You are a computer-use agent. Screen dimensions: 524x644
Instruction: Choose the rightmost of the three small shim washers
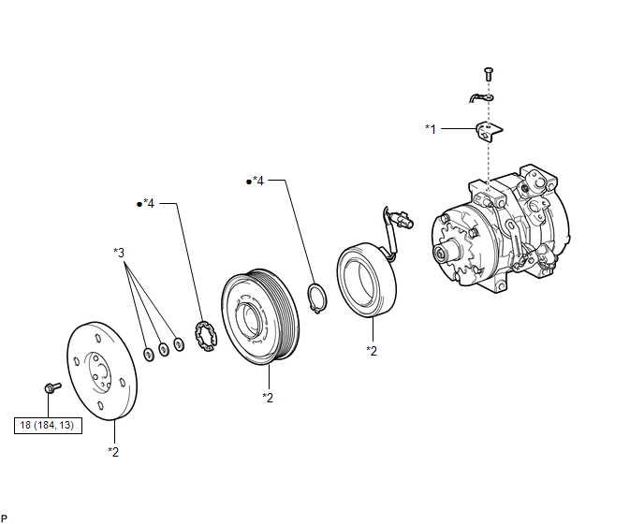179,344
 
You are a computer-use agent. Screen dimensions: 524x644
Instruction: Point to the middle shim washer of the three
164,349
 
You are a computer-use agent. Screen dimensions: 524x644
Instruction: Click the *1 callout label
431,128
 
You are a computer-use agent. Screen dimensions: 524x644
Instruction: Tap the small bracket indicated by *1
488,131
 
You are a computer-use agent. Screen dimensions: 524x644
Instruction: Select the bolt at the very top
488,72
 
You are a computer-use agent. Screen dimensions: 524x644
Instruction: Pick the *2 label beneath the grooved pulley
268,398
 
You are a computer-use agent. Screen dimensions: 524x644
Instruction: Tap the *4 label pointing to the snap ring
257,181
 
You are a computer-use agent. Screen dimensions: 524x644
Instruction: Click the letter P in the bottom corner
6,517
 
